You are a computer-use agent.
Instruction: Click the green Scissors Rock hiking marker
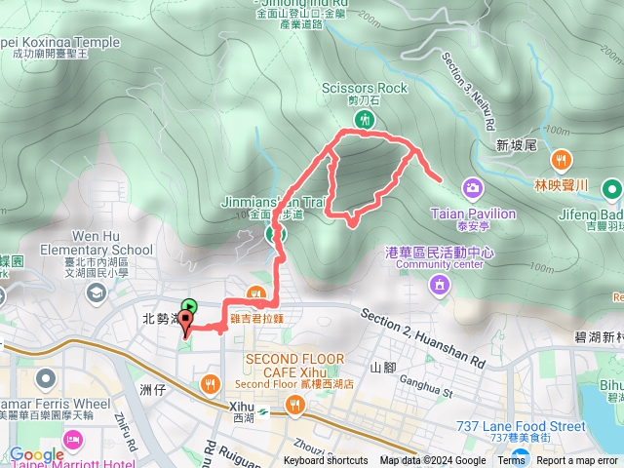[365, 120]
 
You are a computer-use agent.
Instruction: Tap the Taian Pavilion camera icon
[472, 187]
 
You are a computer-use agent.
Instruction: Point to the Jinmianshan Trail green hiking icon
[276, 234]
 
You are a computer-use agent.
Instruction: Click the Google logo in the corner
[36, 453]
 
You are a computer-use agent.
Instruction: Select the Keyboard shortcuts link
[326, 461]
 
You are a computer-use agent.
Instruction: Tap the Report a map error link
[577, 461]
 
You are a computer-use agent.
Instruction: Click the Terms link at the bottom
[511, 461]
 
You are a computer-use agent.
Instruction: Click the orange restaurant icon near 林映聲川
[562, 160]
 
